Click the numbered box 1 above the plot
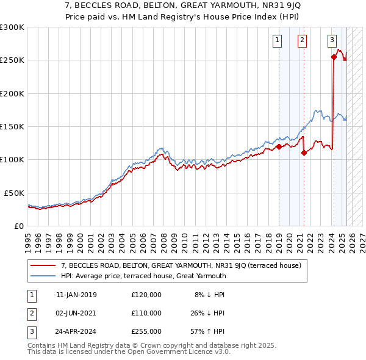pos(277,41)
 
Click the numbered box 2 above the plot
pos(302,41)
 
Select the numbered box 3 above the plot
pos(332,41)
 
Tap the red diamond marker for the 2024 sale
pos(334,57)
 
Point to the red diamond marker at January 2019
pos(279,146)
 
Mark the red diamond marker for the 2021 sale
pos(304,153)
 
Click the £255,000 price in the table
pos(146,333)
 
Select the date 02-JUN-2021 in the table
pos(76,314)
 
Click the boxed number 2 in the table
pos(31,314)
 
